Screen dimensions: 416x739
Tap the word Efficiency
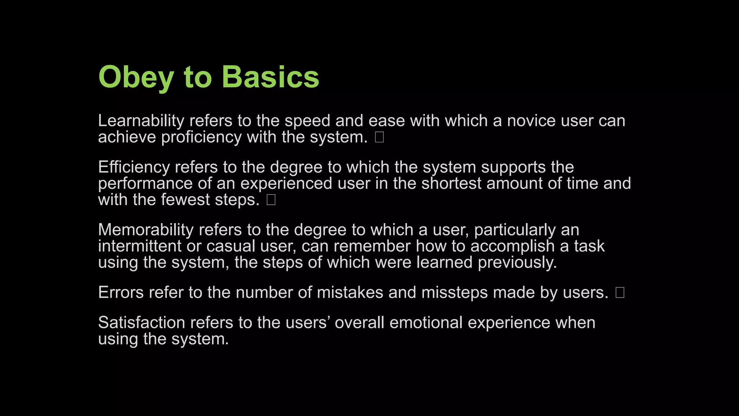tap(134, 167)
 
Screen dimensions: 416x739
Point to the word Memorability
tap(146, 230)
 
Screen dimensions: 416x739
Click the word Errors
tap(121, 292)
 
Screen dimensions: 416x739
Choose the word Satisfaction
tap(141, 322)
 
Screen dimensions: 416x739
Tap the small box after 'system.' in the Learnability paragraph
tap(379, 137)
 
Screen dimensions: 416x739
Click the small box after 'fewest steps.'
tap(271, 200)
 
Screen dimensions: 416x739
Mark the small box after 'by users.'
tap(620, 292)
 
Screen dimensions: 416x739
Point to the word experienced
tap(286, 183)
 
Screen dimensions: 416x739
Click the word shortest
tap(451, 183)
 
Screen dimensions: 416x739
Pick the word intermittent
tap(140, 246)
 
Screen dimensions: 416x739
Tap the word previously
tap(517, 263)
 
